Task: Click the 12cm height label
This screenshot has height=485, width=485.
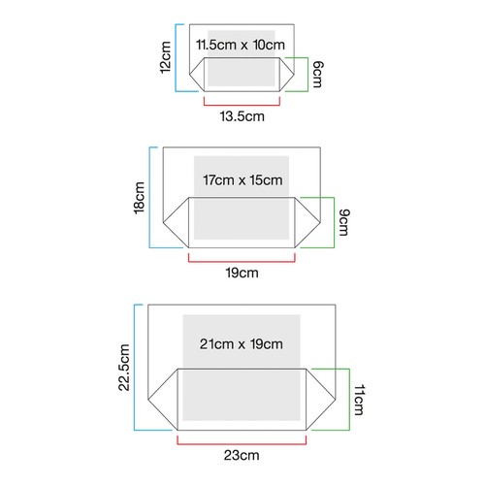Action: coord(166,57)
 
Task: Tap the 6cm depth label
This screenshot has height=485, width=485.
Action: coord(317,75)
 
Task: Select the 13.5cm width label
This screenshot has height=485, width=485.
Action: coord(242,116)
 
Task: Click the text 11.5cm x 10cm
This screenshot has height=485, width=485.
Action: coord(241,45)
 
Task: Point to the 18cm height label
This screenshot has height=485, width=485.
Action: coord(139,198)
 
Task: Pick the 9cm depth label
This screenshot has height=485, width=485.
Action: coord(344,223)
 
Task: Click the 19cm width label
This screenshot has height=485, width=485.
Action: coord(242,273)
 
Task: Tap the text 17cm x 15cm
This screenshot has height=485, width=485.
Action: coord(242,180)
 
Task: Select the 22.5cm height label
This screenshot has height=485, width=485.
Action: coord(124,368)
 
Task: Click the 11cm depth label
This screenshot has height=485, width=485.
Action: coord(359,400)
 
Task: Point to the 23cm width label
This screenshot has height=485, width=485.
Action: coord(242,455)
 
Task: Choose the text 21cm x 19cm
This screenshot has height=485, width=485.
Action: coord(242,344)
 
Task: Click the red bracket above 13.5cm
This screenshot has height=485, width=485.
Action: coord(242,105)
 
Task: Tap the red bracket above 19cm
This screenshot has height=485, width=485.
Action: coord(242,262)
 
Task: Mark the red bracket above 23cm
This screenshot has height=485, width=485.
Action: coord(242,444)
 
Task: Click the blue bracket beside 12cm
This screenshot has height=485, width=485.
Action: coord(176,57)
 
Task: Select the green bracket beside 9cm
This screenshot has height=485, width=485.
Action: coord(334,223)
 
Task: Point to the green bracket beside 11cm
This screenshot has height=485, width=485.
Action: coord(349,400)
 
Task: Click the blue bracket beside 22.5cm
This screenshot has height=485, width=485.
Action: coord(134,368)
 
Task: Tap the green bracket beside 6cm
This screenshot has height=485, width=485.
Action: coord(307,75)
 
